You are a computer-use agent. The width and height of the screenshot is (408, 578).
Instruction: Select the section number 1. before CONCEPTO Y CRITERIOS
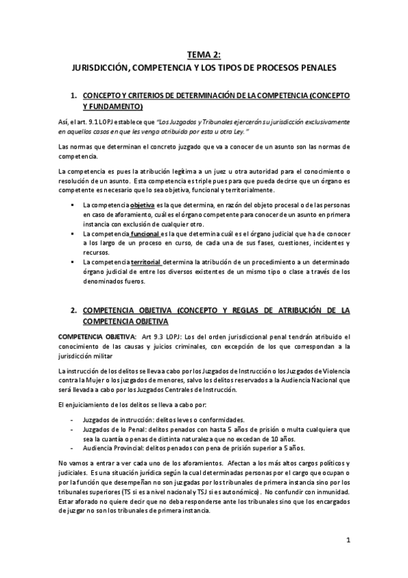pyautogui.click(x=74, y=96)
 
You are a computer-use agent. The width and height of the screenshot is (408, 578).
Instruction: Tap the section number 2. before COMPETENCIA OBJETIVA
pyautogui.click(x=74, y=310)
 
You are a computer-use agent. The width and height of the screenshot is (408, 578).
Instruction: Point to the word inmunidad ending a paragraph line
pyautogui.click(x=331, y=491)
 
